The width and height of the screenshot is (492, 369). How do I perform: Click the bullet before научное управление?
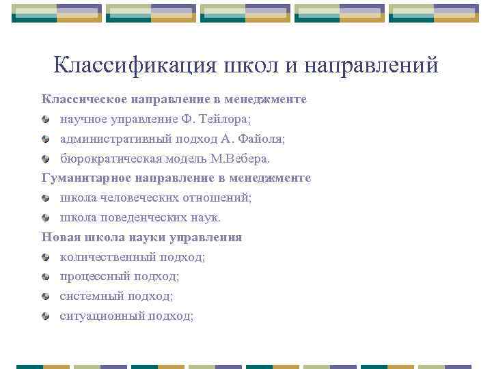point(45,120)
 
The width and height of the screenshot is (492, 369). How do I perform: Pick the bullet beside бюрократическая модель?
point(45,159)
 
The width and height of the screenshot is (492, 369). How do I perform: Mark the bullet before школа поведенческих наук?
point(45,219)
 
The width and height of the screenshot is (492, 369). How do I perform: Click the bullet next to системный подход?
point(45,297)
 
